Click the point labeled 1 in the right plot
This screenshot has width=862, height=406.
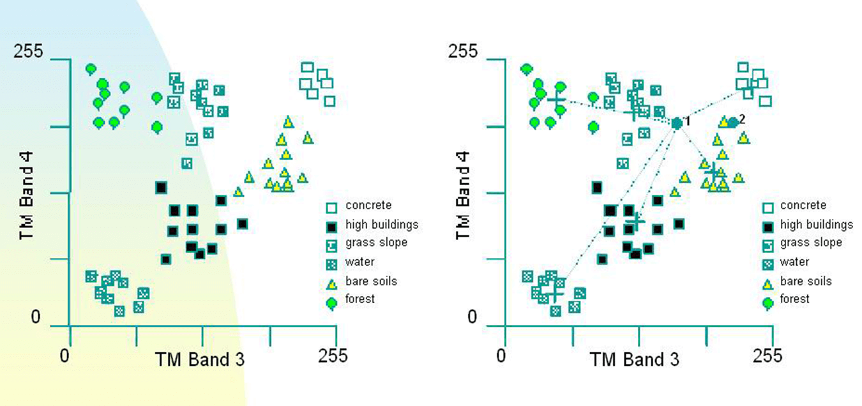point(677,123)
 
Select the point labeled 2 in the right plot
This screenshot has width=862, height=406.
point(733,123)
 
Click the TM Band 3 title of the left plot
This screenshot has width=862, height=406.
point(200,360)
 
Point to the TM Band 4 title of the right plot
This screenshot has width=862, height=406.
point(463,195)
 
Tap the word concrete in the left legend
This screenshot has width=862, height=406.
point(368,205)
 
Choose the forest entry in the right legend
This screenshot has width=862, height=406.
point(795,299)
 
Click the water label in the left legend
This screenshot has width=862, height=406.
point(360,262)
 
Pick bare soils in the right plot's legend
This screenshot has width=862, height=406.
point(806,282)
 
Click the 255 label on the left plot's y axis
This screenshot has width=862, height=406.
point(28,51)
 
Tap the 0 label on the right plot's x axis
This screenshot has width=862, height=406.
point(501,356)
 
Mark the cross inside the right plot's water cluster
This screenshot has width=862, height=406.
point(554,293)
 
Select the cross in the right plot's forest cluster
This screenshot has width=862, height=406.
point(557,100)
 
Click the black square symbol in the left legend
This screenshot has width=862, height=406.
point(331,227)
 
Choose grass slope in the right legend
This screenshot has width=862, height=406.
point(811,243)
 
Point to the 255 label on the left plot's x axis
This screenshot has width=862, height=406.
point(333,356)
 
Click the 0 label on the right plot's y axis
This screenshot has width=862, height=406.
point(472,317)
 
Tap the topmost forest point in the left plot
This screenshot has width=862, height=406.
point(91,70)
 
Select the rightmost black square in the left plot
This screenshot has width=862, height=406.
point(242,224)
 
